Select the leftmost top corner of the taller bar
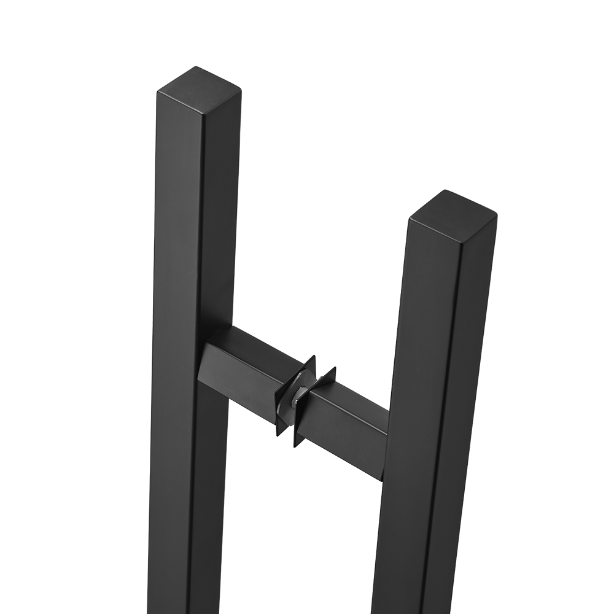pyautogui.click(x=158, y=91)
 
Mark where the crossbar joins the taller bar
pyautogui.click(x=206, y=356)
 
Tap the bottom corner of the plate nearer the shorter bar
pyautogui.click(x=298, y=446)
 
